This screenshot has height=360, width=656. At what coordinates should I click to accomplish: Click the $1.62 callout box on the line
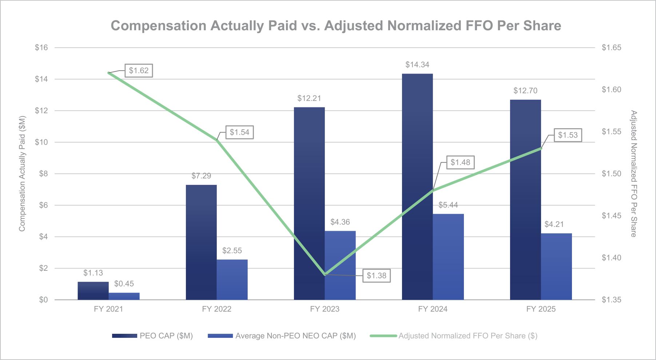coord(139,71)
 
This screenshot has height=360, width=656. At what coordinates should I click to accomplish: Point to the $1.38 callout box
coord(377,276)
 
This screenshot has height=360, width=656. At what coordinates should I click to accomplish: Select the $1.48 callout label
coord(460,162)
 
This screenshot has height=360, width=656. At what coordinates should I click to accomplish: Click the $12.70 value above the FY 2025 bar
coord(525,91)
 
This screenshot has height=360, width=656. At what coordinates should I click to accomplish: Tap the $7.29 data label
coord(201,176)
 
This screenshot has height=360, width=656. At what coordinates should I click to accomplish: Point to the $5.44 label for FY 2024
coord(448,205)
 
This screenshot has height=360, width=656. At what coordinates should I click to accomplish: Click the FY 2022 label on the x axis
coord(216,309)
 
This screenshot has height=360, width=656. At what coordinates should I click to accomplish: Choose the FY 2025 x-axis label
coord(541,309)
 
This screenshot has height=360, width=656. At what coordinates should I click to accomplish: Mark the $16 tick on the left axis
coord(41,48)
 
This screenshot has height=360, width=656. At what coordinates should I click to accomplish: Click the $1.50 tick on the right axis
coord(611,174)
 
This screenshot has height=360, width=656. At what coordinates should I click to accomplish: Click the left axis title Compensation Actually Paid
coord(22,173)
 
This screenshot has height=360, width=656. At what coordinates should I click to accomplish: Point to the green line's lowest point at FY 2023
coord(325,274)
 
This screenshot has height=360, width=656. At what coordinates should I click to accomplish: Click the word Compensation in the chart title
coord(159,26)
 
